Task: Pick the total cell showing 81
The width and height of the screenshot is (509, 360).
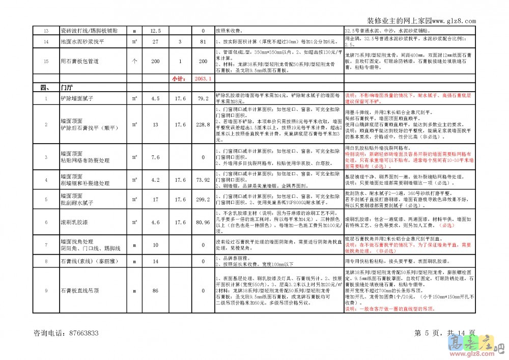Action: click(x=203, y=42)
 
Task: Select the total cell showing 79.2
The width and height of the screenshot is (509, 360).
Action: click(x=203, y=98)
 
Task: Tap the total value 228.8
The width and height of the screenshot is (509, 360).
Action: click(x=203, y=124)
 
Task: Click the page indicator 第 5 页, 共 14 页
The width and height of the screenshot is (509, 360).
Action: click(x=445, y=333)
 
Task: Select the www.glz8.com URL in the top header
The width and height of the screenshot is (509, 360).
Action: click(x=454, y=21)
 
